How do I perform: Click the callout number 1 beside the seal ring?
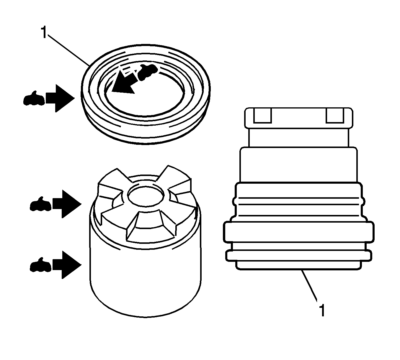pos(43,32)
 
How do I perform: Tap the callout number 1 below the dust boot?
pos(322,310)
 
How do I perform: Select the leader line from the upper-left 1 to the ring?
pos(68,49)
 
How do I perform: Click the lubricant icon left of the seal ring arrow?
pos(34,99)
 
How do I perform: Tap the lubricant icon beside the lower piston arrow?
pos(41,265)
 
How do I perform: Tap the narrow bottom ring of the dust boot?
pos(298,255)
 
